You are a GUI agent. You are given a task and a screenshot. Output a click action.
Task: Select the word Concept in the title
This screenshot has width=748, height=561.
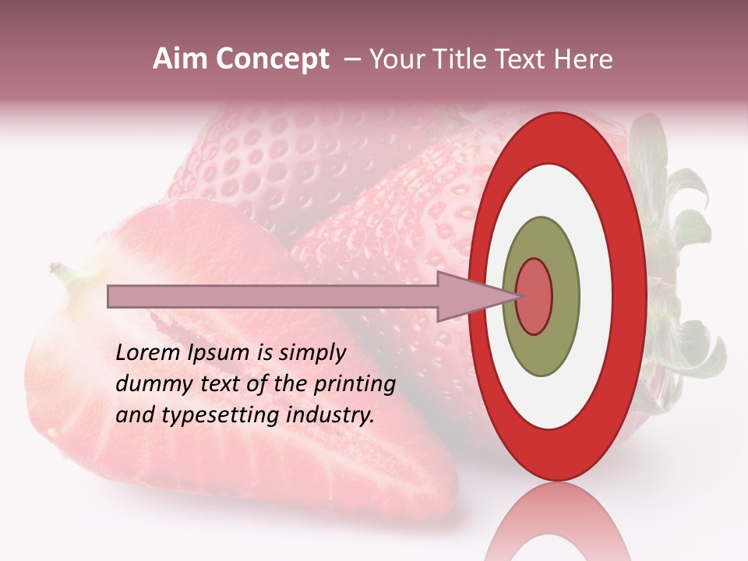(272, 59)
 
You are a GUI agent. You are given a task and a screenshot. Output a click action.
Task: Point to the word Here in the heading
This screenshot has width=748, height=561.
(584, 59)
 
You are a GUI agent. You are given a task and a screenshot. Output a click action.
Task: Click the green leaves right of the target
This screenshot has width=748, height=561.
(678, 234)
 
